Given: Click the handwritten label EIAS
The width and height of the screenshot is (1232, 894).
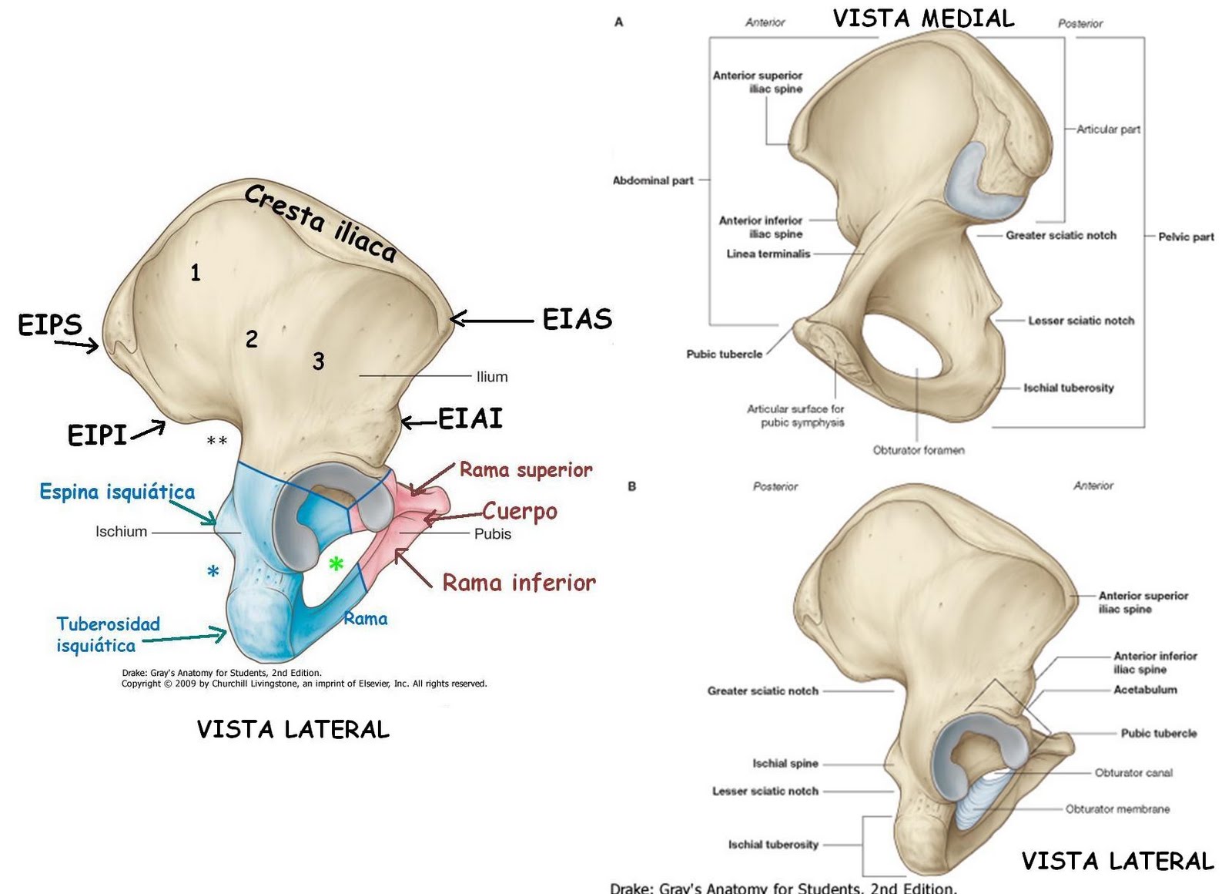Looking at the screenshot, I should [577, 319].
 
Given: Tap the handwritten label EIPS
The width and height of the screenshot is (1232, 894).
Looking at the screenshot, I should [50, 324].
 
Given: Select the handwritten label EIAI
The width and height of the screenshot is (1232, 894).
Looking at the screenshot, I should [470, 418].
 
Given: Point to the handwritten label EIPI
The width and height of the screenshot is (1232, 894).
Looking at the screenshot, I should [97, 435].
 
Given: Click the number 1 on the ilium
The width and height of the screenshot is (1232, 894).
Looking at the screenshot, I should [196, 273].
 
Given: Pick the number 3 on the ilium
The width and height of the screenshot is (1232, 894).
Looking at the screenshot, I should [318, 361].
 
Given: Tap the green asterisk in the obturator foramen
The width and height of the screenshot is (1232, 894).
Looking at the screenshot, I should [336, 565].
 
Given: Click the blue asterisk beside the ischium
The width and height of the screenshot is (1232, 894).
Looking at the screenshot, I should [213, 572].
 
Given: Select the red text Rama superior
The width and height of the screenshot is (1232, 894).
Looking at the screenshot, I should [526, 470].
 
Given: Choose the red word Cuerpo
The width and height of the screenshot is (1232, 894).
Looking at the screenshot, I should [520, 512].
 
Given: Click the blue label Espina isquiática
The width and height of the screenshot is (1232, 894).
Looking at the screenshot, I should [117, 492].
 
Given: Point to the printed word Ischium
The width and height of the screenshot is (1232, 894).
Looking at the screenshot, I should [121, 532].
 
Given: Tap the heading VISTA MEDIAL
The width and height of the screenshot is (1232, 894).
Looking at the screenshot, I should [923, 18].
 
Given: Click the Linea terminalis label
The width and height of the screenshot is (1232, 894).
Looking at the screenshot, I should [768, 254].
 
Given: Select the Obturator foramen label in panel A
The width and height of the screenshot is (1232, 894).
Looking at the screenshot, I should [919, 450].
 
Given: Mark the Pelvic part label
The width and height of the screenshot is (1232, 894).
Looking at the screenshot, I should [1186, 237].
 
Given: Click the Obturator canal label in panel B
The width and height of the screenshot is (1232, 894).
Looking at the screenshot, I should [1133, 772].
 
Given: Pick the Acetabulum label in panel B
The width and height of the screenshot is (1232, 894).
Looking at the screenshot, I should [1145, 690].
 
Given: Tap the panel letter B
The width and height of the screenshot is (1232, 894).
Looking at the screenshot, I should [632, 486].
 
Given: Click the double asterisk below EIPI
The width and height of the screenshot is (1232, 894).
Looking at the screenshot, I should [217, 442].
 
